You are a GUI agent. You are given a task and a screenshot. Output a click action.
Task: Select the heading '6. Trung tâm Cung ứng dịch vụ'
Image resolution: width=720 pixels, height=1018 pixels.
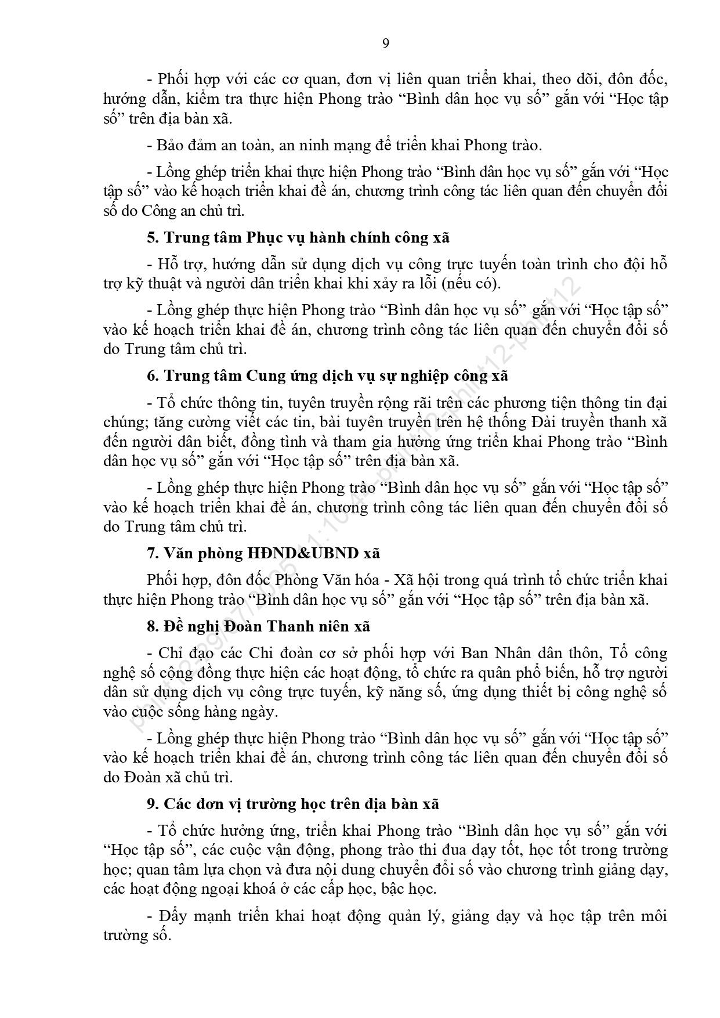(x=327, y=376)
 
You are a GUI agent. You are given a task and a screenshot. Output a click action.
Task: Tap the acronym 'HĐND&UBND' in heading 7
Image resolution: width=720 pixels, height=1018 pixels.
(x=302, y=553)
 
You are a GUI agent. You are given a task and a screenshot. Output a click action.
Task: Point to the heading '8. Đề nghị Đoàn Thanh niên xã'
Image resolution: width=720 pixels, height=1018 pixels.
(x=258, y=626)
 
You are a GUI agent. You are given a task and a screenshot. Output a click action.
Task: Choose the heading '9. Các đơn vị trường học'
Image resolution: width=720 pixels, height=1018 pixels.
(x=292, y=804)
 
